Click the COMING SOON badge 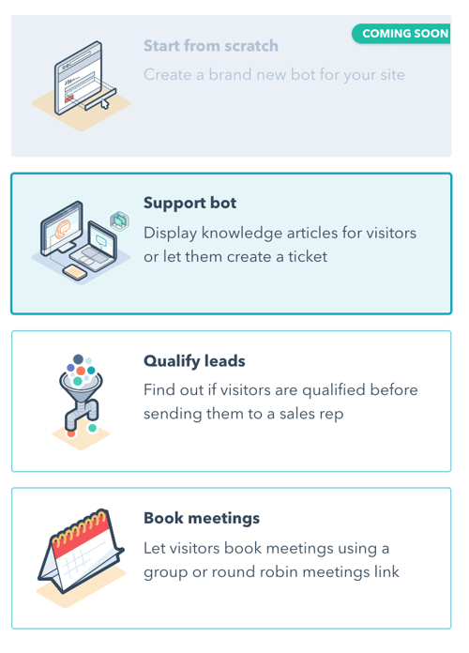point(401,34)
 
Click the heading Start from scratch point(211,46)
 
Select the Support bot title point(189,203)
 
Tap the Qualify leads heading point(194,361)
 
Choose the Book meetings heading point(202,518)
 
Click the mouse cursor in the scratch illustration point(105,103)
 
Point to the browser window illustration point(79,77)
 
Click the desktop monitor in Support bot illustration point(63,228)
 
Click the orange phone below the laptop point(75,272)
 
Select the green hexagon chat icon point(119,221)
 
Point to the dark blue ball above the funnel point(78,359)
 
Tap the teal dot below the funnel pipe point(93,428)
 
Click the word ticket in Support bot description point(308,256)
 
